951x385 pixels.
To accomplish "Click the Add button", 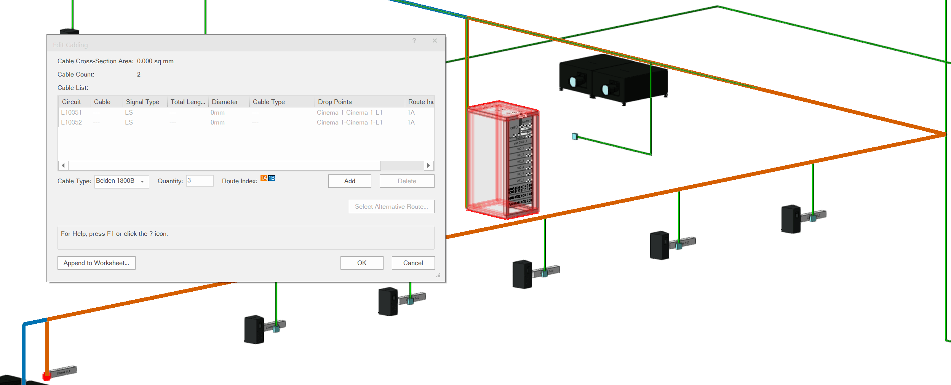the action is point(349,181).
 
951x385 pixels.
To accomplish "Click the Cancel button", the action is point(413,263).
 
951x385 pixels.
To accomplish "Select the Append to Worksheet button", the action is point(96,263).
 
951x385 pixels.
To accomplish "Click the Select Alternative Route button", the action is point(391,206).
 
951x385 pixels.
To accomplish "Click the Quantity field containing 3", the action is point(200,181).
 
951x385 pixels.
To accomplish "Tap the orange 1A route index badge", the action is point(264,178).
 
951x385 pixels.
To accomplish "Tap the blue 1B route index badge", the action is point(271,178).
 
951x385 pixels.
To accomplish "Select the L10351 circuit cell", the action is point(71,112).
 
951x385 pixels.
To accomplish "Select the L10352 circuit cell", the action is point(71,122).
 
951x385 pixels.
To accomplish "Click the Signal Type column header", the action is point(142,102).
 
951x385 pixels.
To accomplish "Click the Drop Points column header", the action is point(335,102).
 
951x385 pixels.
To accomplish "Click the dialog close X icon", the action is point(435,40).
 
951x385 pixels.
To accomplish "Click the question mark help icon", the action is point(414,40).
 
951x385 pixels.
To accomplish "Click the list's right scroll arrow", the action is point(428,165).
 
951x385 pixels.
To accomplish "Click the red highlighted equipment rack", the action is point(502,160).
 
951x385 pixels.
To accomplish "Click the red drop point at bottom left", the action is point(46,376).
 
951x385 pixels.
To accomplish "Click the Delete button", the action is point(407,181).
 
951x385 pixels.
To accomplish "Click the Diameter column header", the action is point(225,102).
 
